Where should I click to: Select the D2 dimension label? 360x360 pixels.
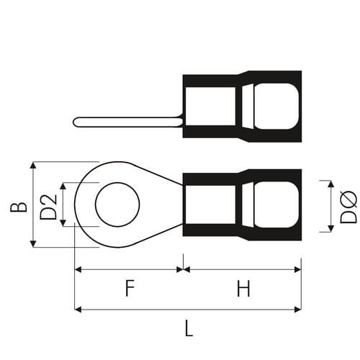coord(48,207)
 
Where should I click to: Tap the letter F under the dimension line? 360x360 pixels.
coord(130,288)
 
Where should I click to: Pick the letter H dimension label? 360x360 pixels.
coord(243,288)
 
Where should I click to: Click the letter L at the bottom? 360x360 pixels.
coord(189,328)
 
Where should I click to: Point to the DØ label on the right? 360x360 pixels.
coord(348,207)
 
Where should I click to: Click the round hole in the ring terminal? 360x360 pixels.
coord(117,204)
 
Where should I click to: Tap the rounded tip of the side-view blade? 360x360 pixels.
coord(75,122)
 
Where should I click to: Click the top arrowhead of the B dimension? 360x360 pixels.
coord(33,166)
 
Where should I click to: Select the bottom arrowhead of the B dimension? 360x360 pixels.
coord(33,243)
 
